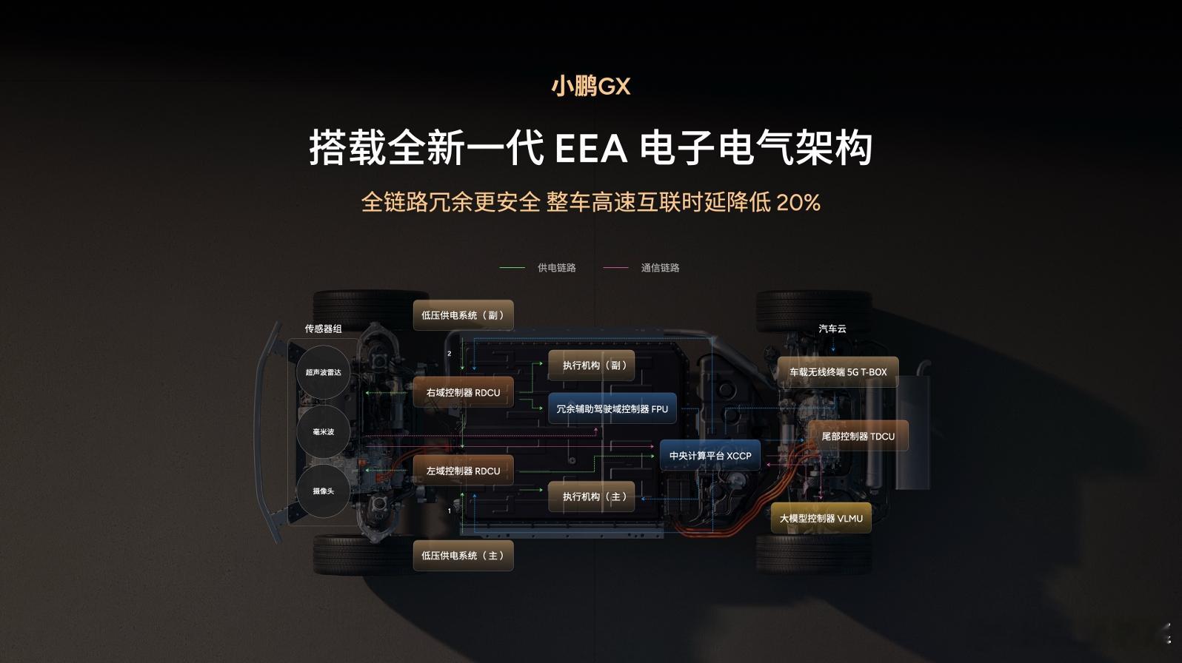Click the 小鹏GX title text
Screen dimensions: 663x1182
pyautogui.click(x=590, y=87)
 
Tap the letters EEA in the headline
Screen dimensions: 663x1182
pyautogui.click(x=590, y=149)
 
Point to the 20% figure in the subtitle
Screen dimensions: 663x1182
pyautogui.click(x=798, y=202)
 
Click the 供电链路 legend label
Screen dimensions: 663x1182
pyautogui.click(x=556, y=268)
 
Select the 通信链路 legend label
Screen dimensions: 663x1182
pyautogui.click(x=660, y=268)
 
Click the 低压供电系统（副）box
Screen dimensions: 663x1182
pyautogui.click(x=463, y=315)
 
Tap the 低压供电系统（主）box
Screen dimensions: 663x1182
pyautogui.click(x=463, y=556)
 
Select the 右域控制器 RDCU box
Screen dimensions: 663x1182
pyautogui.click(x=463, y=393)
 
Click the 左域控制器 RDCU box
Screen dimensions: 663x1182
pyautogui.click(x=463, y=471)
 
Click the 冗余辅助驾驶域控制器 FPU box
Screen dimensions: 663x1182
pyautogui.click(x=612, y=408)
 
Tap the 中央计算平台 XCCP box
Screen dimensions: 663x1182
pyautogui.click(x=709, y=456)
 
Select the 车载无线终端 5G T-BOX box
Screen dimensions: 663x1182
pyautogui.click(x=838, y=372)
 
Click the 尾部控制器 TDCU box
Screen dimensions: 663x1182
pyautogui.click(x=858, y=437)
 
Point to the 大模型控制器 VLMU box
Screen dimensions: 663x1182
pyautogui.click(x=821, y=519)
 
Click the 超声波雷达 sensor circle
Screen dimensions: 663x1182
pyautogui.click(x=324, y=372)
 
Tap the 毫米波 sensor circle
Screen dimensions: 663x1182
pyautogui.click(x=324, y=432)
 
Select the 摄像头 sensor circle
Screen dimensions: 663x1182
pyautogui.click(x=324, y=491)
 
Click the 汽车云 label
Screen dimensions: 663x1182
pyautogui.click(x=832, y=329)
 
